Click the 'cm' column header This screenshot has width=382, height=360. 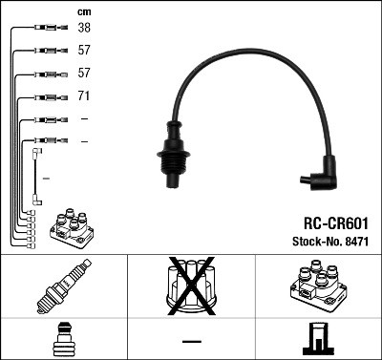click(83, 11)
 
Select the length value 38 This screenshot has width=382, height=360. click(84, 29)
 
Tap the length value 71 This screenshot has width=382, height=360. click(84, 96)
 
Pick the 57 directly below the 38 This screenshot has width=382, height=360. click(84, 51)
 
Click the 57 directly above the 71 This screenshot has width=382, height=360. click(84, 74)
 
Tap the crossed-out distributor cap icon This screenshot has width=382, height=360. click(191, 286)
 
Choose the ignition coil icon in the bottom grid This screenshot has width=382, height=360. click(318, 287)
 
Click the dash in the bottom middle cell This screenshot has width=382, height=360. click(191, 340)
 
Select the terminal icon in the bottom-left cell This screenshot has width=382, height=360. click(63, 339)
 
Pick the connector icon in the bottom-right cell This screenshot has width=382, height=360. click(318, 339)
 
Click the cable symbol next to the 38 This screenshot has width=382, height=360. click(46, 29)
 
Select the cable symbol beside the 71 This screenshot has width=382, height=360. click(46, 96)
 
